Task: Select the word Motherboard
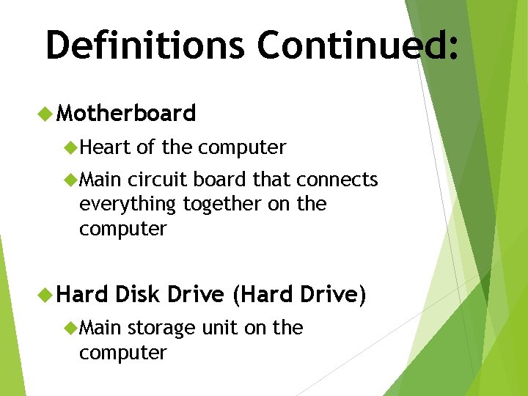(x=126, y=113)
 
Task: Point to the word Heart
(x=105, y=147)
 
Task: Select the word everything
(x=128, y=205)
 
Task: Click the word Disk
(x=138, y=294)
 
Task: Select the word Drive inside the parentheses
(x=328, y=294)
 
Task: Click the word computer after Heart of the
(x=242, y=148)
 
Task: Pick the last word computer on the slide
(x=123, y=353)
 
